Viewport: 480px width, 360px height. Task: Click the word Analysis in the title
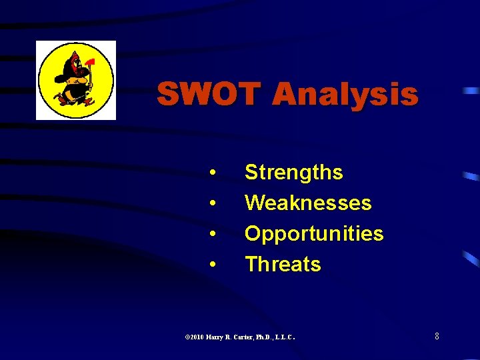click(x=345, y=94)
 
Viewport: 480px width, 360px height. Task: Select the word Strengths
click(x=293, y=173)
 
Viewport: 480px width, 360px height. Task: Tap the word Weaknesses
click(x=307, y=203)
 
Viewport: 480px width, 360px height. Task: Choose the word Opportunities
click(x=313, y=234)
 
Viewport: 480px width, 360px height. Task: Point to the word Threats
click(x=283, y=265)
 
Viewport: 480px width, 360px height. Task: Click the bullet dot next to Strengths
click(x=212, y=173)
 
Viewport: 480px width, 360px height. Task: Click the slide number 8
click(x=437, y=336)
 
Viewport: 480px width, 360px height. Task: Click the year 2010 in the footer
click(x=196, y=337)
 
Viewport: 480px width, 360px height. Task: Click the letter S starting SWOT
click(x=168, y=94)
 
